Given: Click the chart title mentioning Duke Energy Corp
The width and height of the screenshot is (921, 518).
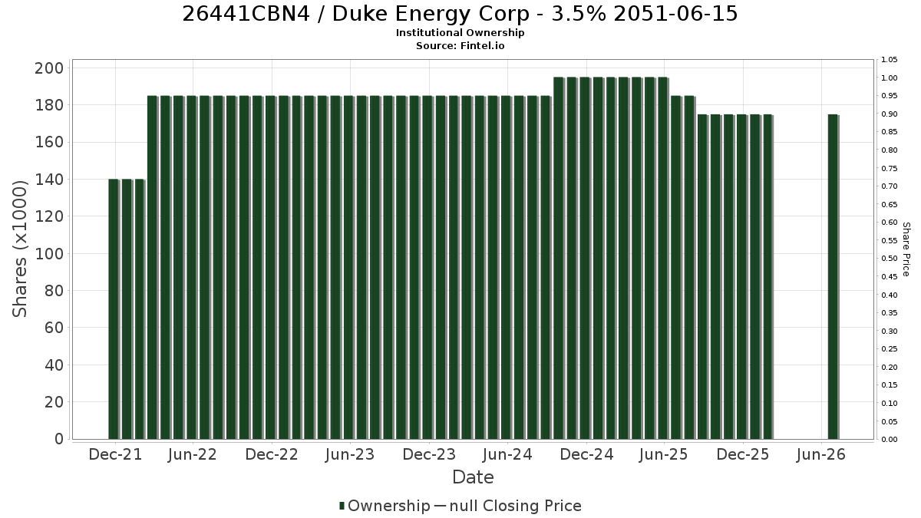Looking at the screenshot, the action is coord(460,14).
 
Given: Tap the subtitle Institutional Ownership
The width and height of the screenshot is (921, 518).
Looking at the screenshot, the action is coord(460,33).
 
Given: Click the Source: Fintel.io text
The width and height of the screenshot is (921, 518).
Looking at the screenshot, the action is coord(460,45).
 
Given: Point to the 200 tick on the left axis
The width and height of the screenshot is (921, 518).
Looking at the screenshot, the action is coord(49,68).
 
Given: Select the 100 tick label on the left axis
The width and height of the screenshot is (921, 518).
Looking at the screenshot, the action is coord(49,254).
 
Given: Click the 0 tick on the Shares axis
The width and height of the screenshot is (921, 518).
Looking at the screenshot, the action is coord(59,439).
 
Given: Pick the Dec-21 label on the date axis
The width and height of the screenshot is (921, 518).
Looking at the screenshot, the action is coord(115,454).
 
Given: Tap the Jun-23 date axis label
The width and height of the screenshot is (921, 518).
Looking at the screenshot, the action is coord(350,454).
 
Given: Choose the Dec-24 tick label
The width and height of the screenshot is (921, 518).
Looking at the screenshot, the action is coord(586,454).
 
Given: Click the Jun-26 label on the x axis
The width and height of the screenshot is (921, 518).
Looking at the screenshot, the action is coord(821,454).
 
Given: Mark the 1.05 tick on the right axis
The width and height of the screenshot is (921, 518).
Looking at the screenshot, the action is coord(890,60).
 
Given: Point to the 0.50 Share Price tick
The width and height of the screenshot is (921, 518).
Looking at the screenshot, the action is coord(890,259).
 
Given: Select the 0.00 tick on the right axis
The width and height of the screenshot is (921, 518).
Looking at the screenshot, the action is coord(890,440).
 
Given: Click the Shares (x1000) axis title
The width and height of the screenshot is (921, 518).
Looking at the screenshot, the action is coord(19,249).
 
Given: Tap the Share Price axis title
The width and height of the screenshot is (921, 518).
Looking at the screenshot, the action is coord(906,249).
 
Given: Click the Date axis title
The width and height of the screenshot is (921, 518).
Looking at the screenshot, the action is coord(473,477).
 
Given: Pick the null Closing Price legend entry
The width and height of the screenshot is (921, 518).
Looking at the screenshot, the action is coord(508,506).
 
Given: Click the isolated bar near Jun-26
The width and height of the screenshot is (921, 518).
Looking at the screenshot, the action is coord(833,277).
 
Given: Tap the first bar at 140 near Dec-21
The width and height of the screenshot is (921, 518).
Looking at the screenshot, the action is coord(114,309).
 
